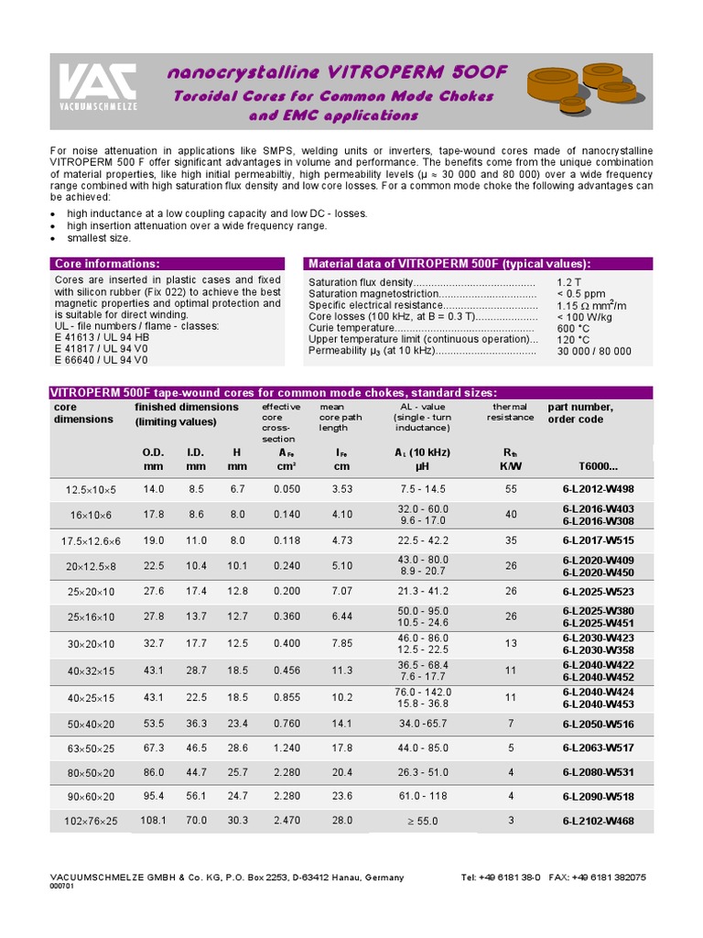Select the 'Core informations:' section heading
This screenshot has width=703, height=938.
[x=107, y=264]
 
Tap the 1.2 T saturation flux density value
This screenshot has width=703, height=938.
[x=568, y=282]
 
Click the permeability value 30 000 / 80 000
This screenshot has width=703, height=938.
[x=593, y=351]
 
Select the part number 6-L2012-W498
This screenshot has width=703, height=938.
[x=599, y=489]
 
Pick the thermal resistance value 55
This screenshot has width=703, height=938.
[x=511, y=489]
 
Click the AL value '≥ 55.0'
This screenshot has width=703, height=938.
[x=422, y=821]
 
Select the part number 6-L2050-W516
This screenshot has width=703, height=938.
[x=599, y=724]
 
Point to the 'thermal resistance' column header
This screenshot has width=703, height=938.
[x=510, y=411]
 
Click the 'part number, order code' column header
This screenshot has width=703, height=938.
[x=580, y=413]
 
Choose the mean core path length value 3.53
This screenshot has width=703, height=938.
[x=341, y=489]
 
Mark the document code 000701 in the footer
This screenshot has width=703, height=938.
[x=61, y=886]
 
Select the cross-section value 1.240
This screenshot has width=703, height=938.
[x=287, y=748]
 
